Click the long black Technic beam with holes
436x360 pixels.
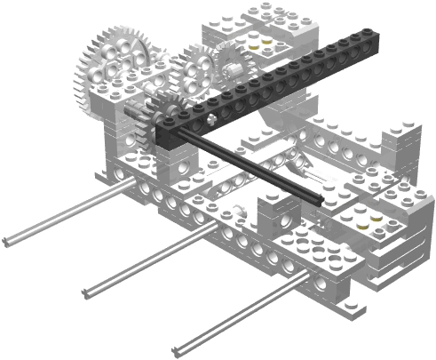(284, 84)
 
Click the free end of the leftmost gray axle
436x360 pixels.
(7, 241)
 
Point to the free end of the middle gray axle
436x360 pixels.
(86, 291)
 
